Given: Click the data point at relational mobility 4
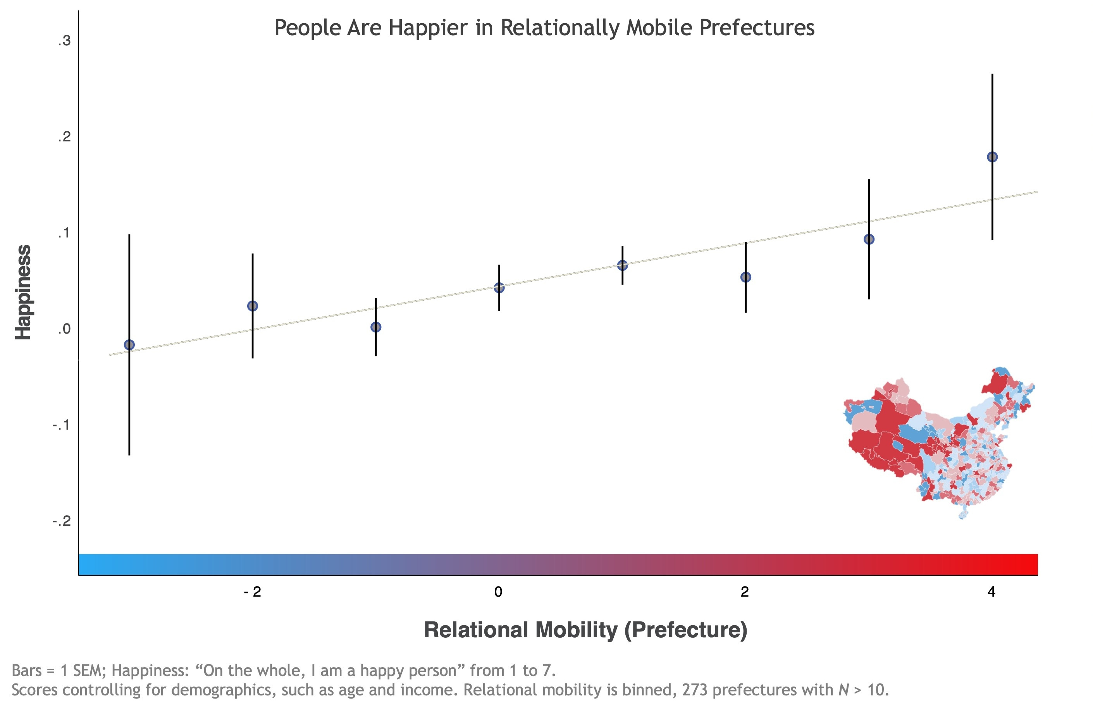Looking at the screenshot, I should coord(992,157).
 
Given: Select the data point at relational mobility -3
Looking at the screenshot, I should coord(129,345).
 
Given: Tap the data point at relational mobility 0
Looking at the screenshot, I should coord(499,287).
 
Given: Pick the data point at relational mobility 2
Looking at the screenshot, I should coord(746,277).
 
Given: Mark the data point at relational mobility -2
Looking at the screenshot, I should coord(253,306).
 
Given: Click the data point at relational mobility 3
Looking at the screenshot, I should coord(869,239).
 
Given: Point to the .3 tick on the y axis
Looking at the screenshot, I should coord(64,41).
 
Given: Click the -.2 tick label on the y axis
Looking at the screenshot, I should coord(62,521).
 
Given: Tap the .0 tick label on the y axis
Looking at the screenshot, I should coord(64,329).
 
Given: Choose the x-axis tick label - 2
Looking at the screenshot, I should coord(253,592).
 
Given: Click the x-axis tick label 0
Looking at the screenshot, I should coord(498,592).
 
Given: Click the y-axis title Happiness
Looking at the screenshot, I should coord(23,292).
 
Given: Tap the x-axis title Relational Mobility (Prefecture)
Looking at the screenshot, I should coord(585,630).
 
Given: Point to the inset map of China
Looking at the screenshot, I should coord(939,442).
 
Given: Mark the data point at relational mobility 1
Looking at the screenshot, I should coord(622,265).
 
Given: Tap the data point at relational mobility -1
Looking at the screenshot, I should coord(375,327).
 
